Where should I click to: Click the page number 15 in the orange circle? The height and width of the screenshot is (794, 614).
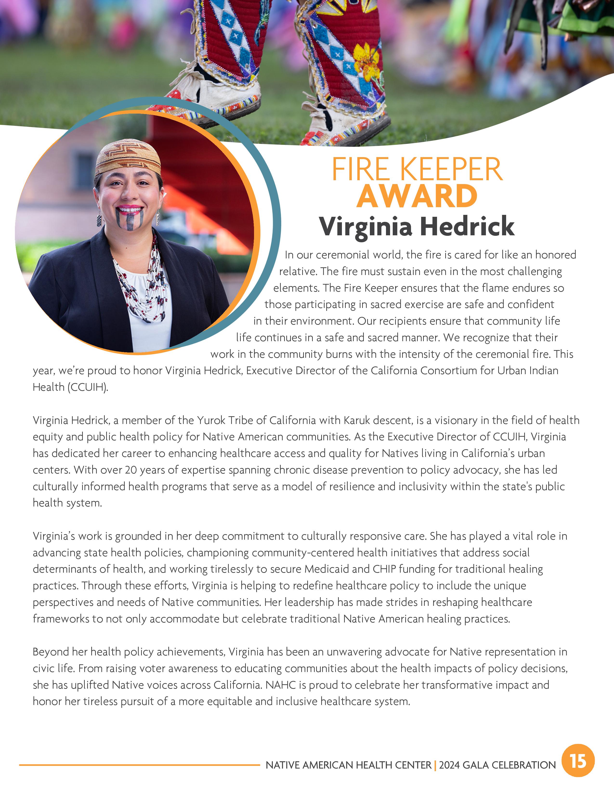click(x=578, y=761)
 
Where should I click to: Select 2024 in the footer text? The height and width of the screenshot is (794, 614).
click(x=449, y=765)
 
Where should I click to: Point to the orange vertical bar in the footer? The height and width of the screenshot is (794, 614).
click(x=435, y=765)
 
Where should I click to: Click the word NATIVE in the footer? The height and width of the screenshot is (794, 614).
click(x=282, y=765)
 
